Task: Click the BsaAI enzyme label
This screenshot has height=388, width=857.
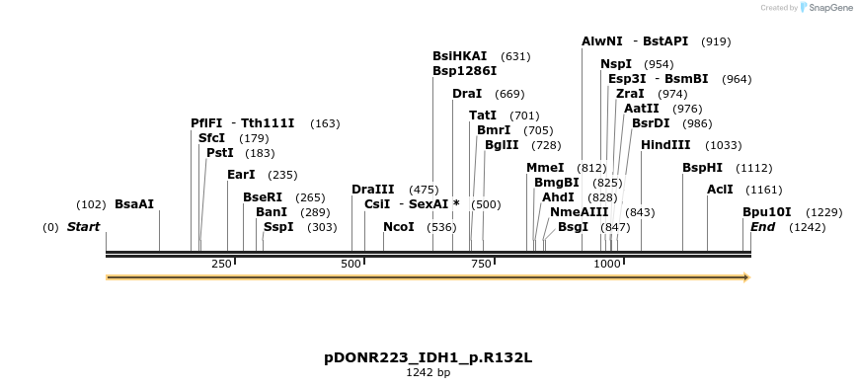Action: click(x=134, y=204)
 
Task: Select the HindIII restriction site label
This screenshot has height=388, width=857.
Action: click(x=665, y=145)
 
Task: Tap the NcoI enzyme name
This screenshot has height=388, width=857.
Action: click(x=399, y=227)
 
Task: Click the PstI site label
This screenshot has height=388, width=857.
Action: click(x=220, y=153)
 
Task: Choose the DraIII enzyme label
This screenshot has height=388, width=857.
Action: click(x=373, y=190)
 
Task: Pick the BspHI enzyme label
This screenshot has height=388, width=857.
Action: click(x=702, y=168)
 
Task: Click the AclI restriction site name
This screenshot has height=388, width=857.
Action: click(x=720, y=190)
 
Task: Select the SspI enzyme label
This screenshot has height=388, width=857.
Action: click(x=278, y=227)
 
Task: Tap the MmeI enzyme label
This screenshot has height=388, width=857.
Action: click(x=545, y=168)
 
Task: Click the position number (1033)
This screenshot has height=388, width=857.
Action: click(x=724, y=145)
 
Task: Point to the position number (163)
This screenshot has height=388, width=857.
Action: click(x=325, y=123)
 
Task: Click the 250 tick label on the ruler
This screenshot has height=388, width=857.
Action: click(x=221, y=264)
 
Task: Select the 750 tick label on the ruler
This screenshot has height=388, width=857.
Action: click(x=481, y=264)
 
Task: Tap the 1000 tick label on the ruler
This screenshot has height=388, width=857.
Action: click(x=607, y=264)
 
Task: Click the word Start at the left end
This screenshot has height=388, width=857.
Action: click(x=84, y=227)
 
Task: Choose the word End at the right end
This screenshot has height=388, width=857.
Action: click(x=763, y=227)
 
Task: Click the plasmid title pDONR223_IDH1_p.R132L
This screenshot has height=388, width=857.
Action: click(x=428, y=357)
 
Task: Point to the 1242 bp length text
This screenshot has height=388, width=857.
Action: click(x=428, y=373)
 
